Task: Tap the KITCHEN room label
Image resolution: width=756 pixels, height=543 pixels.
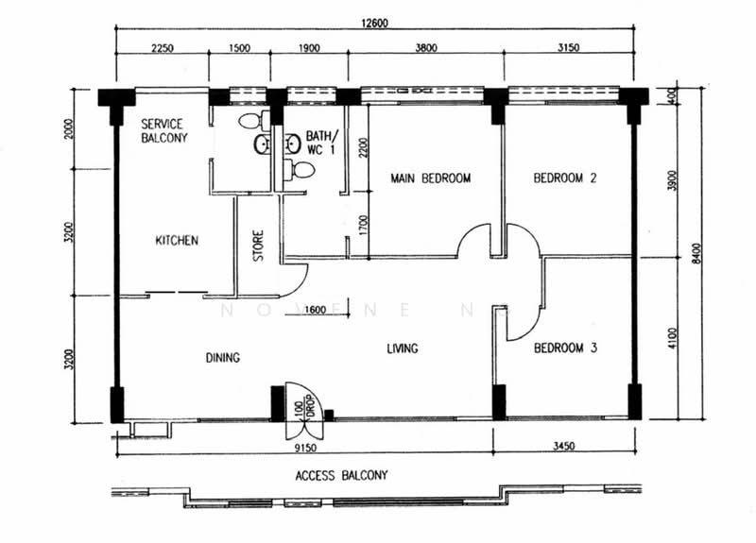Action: pos(177,241)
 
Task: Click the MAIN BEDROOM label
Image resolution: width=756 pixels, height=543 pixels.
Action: pos(430,178)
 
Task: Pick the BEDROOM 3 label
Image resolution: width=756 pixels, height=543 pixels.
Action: pos(565,348)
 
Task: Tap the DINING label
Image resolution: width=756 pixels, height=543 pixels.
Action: pos(222,358)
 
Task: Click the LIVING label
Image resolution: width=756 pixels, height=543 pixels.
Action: pos(402,349)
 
